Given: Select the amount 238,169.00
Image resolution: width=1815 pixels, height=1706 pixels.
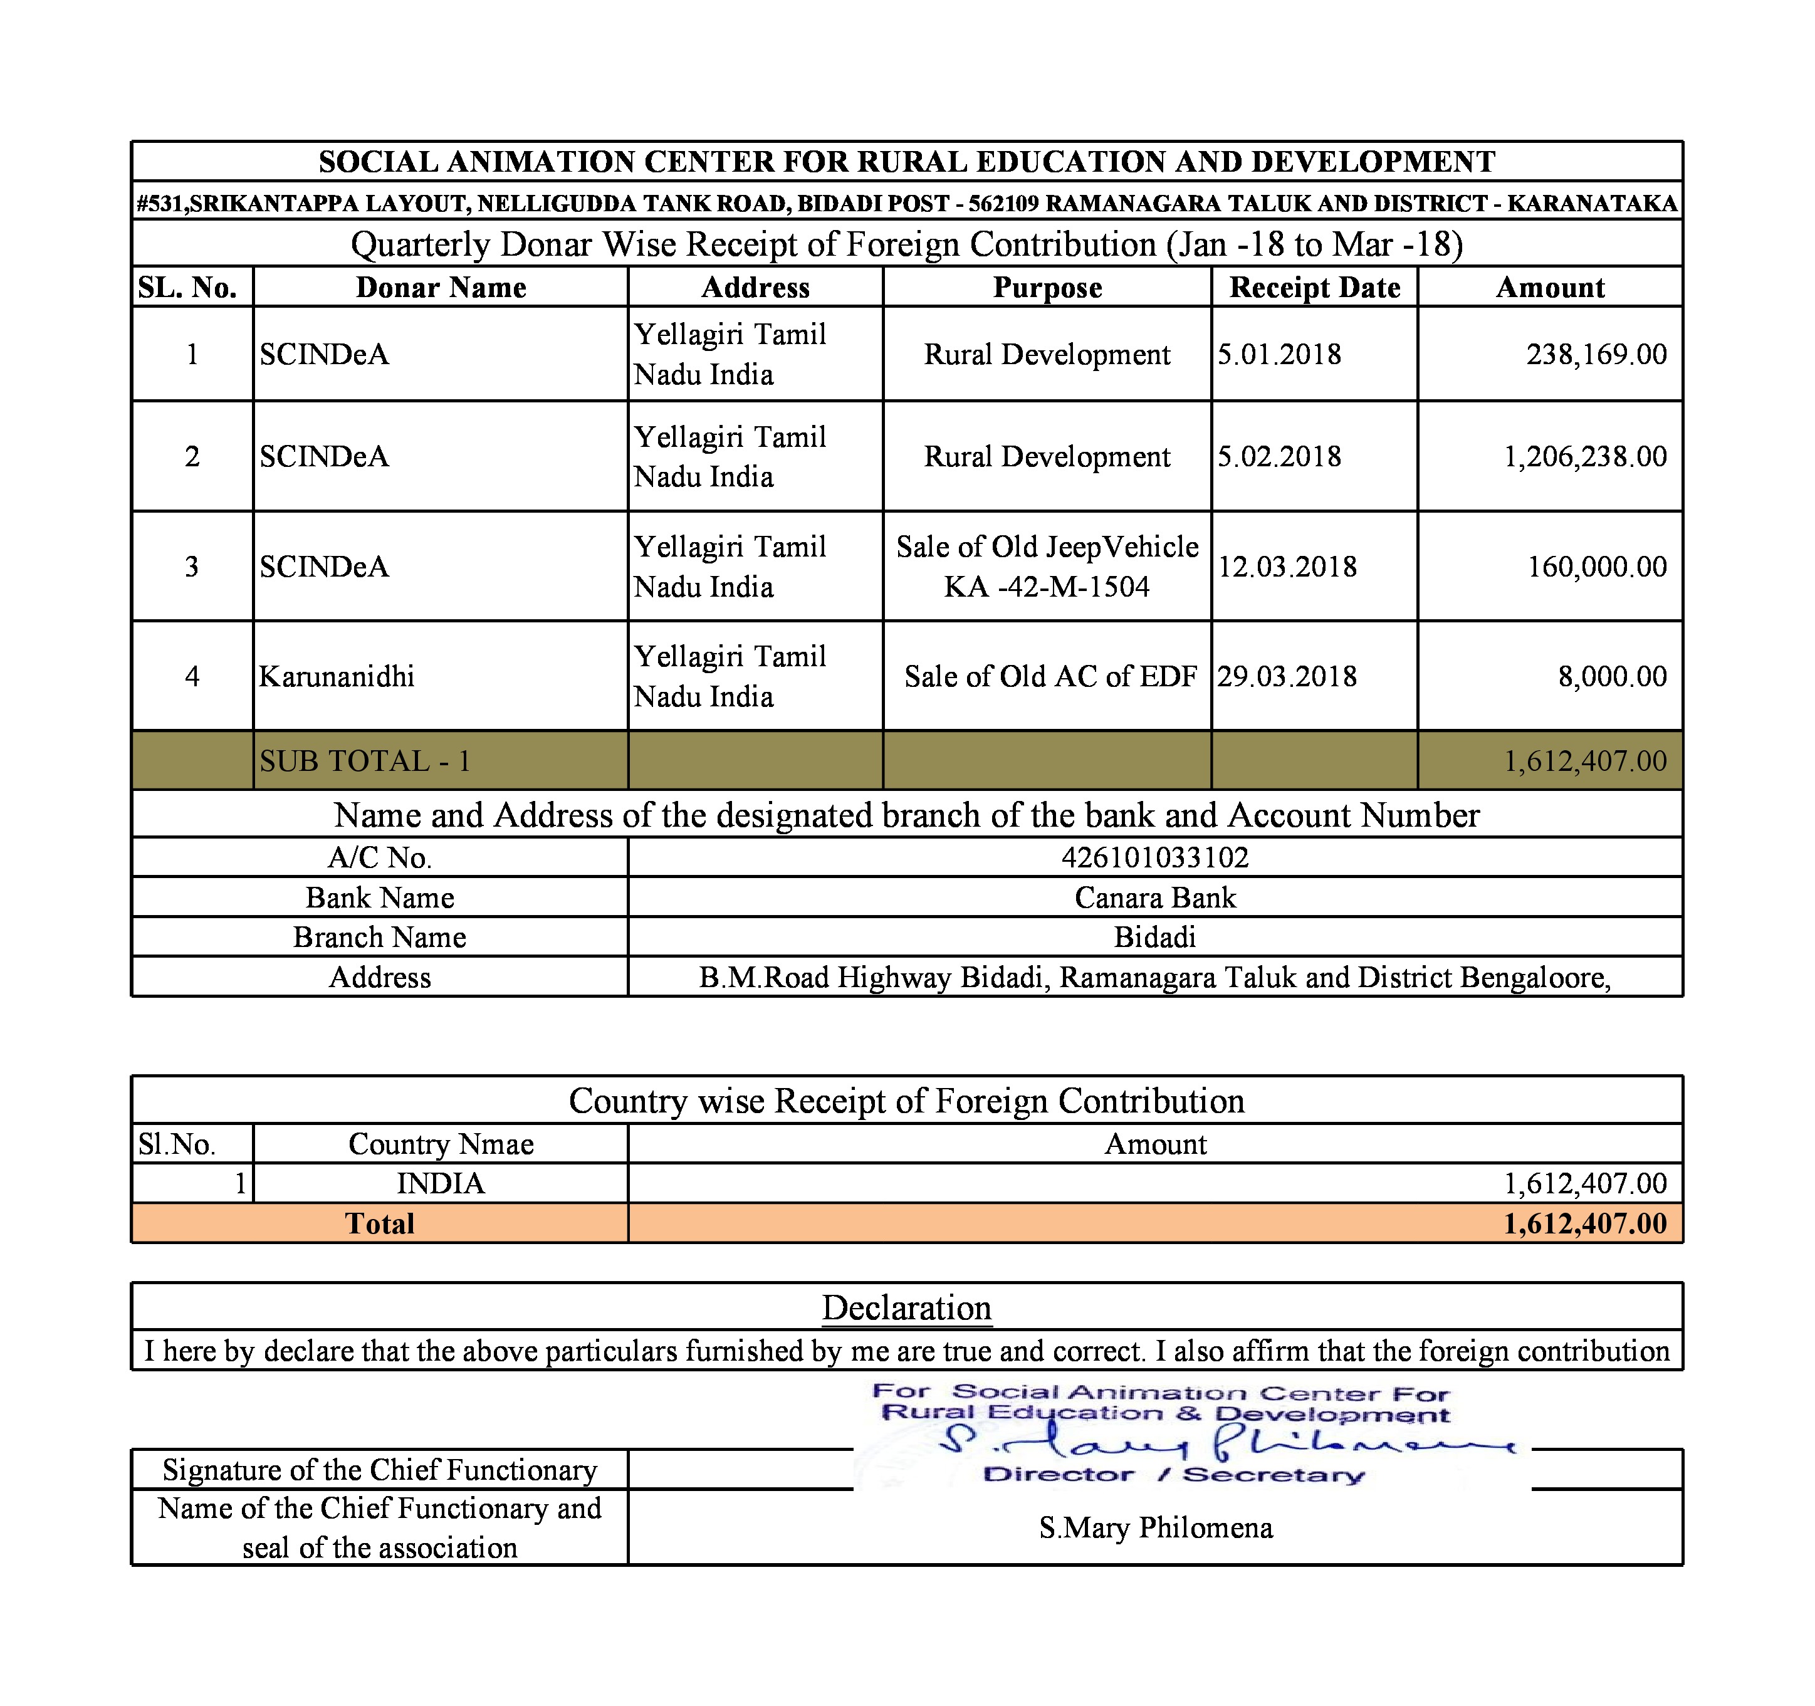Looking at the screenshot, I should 1596,354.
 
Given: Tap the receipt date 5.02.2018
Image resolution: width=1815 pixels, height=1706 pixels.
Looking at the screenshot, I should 1279,456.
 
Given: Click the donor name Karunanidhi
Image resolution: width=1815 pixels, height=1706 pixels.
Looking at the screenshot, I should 337,676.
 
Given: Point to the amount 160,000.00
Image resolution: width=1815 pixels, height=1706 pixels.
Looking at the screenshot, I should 1597,567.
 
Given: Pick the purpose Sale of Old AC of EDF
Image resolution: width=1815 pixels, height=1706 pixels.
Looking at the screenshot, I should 1050,676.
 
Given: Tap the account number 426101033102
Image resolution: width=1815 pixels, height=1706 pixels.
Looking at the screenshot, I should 1155,858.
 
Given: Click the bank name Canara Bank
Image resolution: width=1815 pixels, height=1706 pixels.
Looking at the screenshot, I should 1155,898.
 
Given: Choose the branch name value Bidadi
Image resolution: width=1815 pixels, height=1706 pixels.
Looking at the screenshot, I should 1155,938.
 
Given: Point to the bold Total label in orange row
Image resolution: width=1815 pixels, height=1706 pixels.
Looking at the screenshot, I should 380,1224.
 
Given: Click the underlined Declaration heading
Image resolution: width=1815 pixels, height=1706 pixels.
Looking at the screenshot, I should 907,1308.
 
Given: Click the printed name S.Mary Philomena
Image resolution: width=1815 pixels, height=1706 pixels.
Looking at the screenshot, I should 1155,1528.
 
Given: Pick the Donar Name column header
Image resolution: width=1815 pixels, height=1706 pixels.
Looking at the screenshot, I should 441,288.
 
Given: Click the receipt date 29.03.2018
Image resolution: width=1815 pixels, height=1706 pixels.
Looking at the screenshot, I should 1287,676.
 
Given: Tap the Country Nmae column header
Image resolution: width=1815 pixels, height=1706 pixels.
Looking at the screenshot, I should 441,1144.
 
